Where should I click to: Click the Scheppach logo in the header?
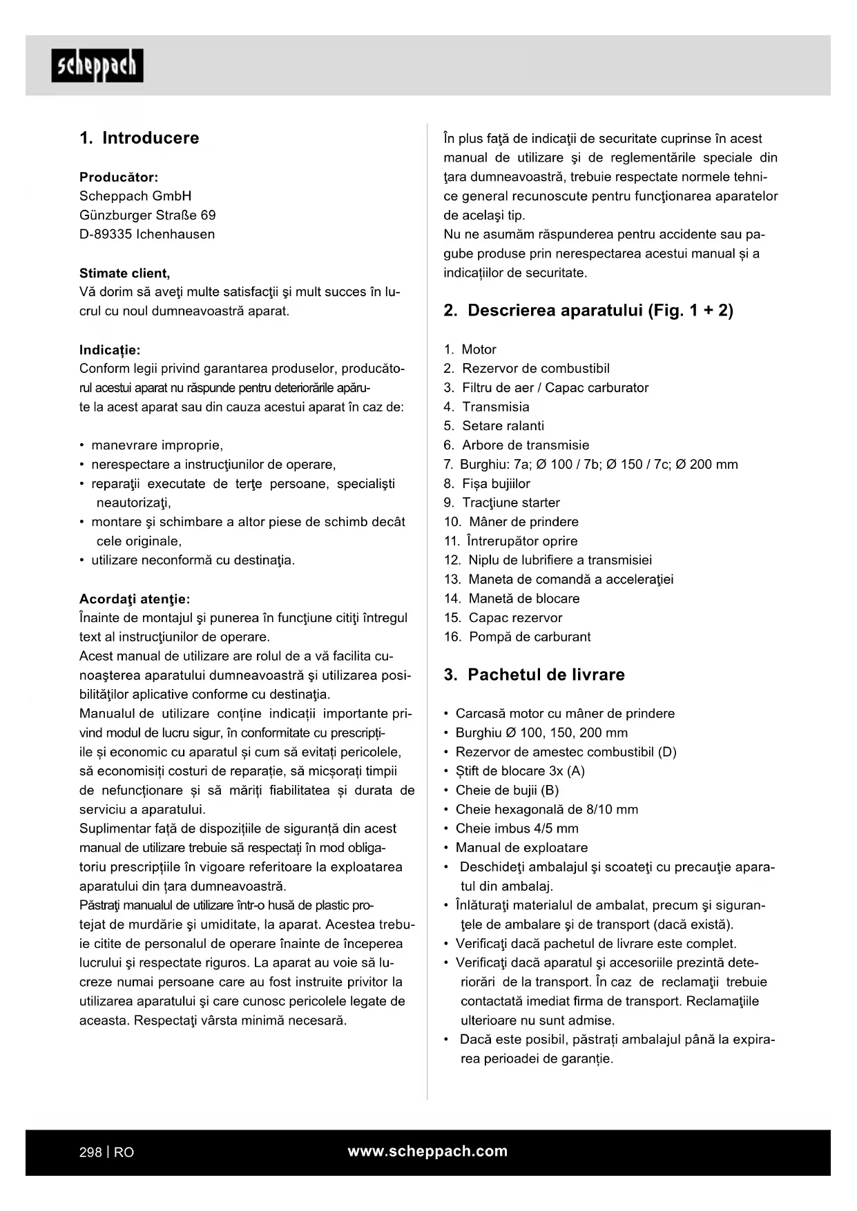97,66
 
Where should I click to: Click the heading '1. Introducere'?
139,138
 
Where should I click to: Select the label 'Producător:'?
119,177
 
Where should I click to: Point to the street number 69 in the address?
208,215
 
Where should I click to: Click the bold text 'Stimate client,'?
124,273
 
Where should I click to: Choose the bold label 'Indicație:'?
110,350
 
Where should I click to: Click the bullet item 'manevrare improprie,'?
157,445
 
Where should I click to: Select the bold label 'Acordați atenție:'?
135,599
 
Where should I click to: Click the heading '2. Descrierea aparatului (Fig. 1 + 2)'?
588,311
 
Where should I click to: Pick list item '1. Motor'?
470,350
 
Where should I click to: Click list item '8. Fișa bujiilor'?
487,484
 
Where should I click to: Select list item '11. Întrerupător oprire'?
510,541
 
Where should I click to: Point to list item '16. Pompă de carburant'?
517,637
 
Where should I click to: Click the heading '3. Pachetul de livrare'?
534,675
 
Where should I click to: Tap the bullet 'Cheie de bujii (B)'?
507,791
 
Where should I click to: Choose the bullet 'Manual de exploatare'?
521,848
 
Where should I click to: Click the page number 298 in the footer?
90,1152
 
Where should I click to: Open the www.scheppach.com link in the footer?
427,1152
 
